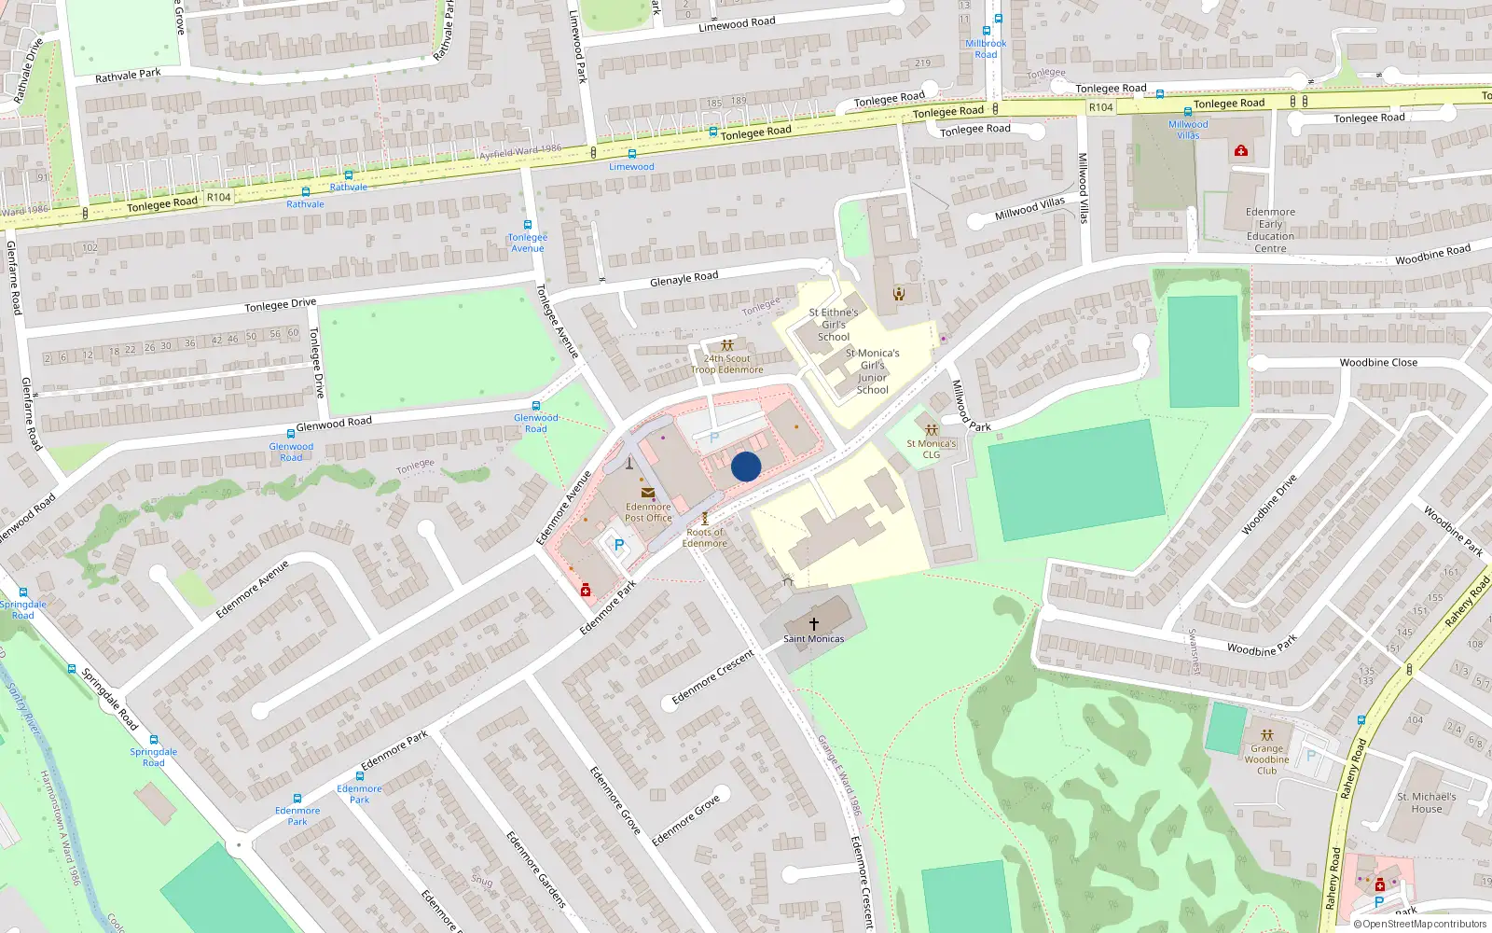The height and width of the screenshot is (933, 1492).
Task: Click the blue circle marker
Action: point(746,466)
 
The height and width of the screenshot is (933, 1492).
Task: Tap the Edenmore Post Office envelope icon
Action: point(647,493)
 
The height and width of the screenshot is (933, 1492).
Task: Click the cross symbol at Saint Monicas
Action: point(813,624)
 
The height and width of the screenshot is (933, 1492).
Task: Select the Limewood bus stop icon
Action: point(631,154)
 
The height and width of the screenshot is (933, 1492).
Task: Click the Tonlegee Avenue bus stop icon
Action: point(528,225)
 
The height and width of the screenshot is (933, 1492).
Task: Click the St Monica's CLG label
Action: point(931,449)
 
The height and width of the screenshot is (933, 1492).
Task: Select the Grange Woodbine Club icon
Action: point(1266,735)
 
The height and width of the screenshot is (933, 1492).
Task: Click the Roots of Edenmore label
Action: point(704,537)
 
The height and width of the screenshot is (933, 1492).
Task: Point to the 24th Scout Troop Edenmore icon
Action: point(726,345)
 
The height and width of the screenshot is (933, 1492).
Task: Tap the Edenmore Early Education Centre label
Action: point(1270,230)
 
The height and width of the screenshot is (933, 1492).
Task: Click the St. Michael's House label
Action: point(1426,802)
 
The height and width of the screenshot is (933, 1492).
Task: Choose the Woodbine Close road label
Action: point(1377,363)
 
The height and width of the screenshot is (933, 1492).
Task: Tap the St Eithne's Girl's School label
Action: point(834,325)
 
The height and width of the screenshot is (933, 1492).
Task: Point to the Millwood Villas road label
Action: point(1029,209)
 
